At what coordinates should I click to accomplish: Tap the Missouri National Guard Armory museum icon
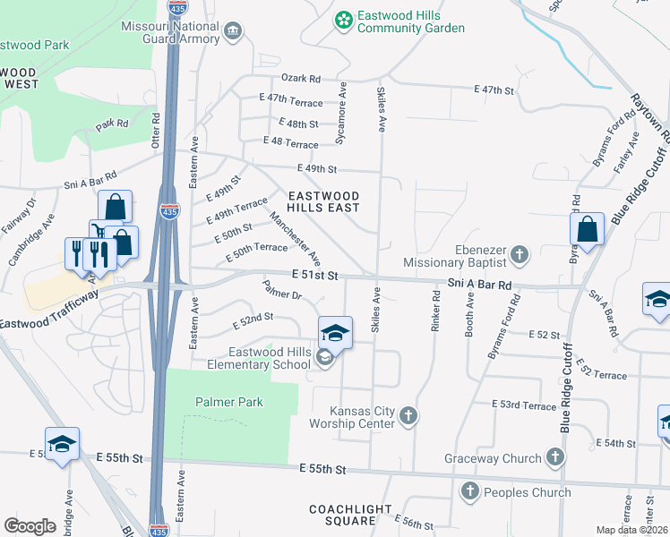point(233,32)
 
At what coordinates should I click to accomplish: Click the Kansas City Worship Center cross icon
point(408,415)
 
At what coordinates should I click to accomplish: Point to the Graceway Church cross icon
point(555,458)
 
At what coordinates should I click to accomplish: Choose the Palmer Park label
point(229,402)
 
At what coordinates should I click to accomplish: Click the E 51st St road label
point(314,277)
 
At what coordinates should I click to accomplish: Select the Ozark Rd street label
point(301,78)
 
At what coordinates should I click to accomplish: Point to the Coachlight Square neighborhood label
point(350,515)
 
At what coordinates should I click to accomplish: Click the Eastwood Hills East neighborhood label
point(323,201)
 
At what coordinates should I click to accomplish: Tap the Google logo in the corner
point(30,525)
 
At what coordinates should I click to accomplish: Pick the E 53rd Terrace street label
point(524,405)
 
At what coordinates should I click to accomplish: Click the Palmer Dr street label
point(281,291)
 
